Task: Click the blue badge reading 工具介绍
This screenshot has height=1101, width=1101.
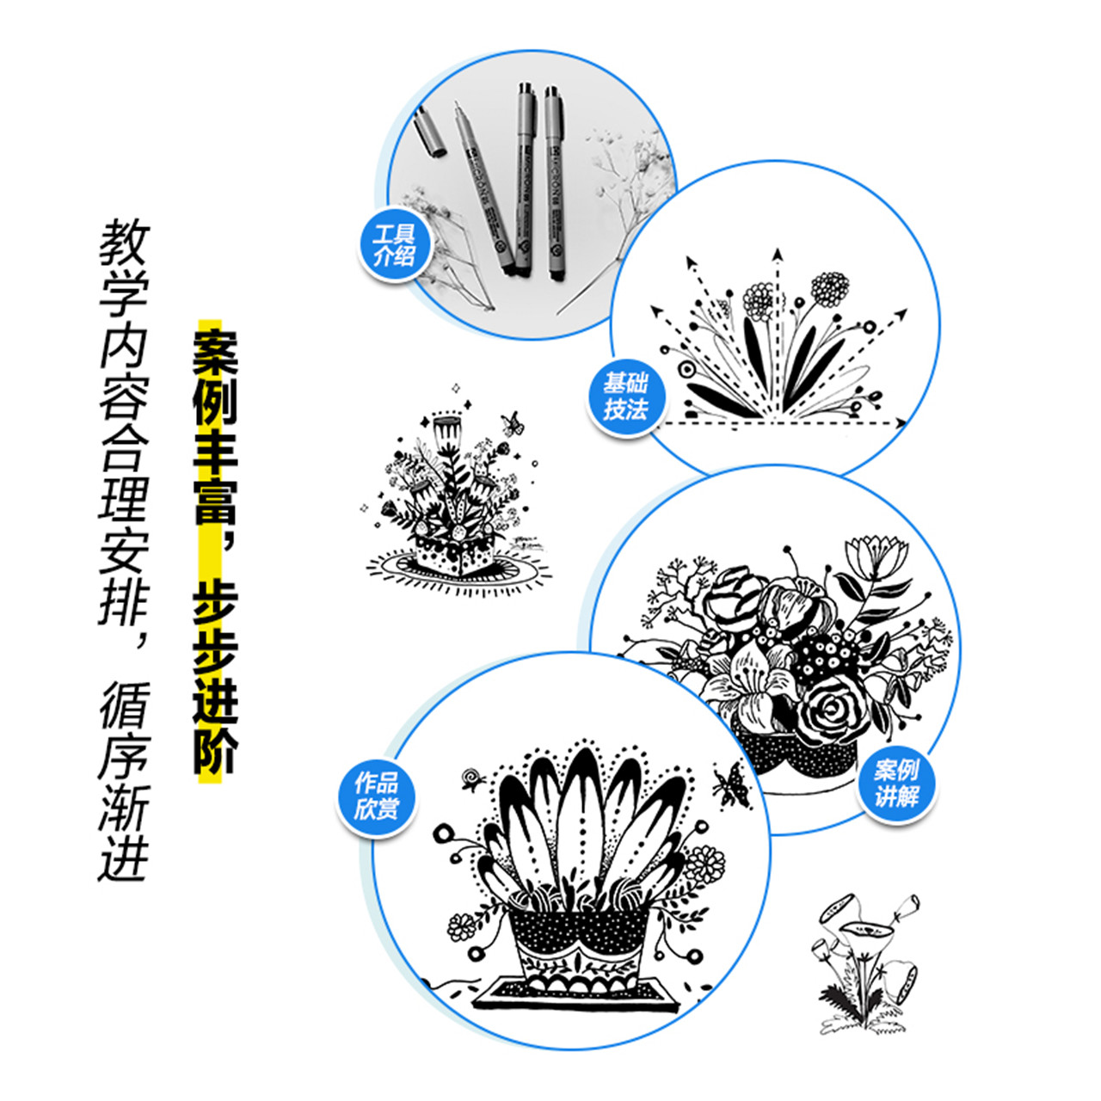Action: coord(395,245)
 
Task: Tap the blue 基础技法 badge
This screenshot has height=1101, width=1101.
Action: coord(625,397)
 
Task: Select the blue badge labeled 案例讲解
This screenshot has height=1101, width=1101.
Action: coord(895,782)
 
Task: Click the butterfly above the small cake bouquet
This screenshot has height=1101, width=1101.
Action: coord(513,422)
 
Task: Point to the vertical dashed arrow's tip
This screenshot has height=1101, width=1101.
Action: coord(777,254)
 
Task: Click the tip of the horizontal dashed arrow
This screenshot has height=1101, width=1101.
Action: coord(901,422)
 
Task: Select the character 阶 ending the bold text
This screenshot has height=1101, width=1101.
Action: coord(214,753)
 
